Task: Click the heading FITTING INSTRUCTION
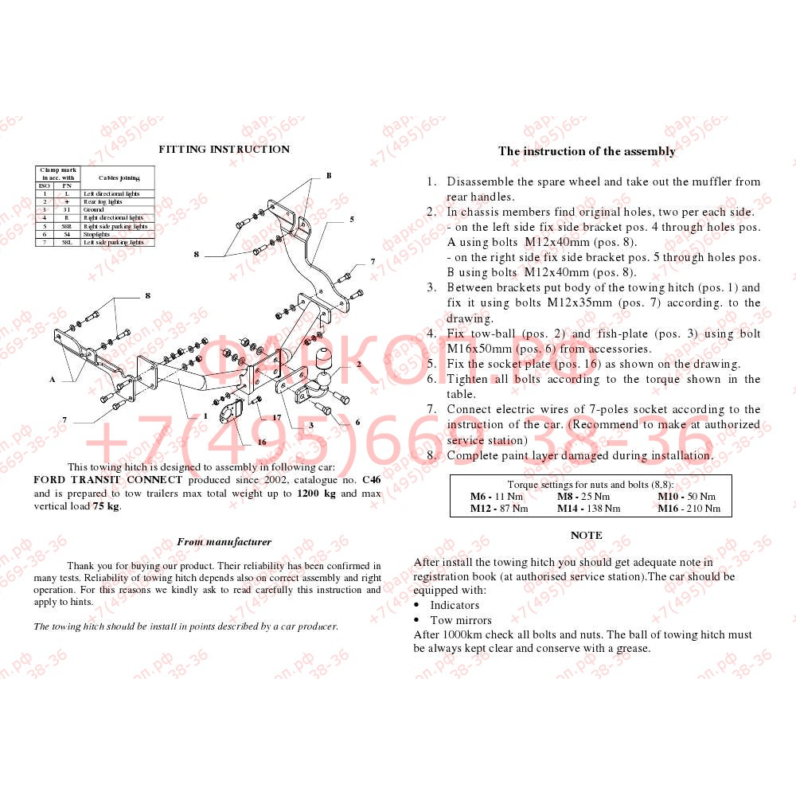(x=224, y=149)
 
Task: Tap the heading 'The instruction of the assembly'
(x=587, y=151)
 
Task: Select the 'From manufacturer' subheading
(x=224, y=542)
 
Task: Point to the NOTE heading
(x=587, y=536)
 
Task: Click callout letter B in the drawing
(x=328, y=176)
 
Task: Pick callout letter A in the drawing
(x=53, y=380)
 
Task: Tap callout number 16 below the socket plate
(x=261, y=442)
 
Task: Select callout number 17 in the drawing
(x=277, y=417)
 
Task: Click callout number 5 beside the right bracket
(x=351, y=218)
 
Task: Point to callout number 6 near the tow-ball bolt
(x=357, y=422)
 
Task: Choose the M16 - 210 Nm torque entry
(x=689, y=509)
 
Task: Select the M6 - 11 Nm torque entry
(x=497, y=497)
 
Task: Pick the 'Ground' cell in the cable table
(x=94, y=210)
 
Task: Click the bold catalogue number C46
(x=371, y=480)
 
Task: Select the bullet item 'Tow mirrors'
(x=461, y=620)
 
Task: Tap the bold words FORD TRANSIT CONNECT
(x=107, y=480)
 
